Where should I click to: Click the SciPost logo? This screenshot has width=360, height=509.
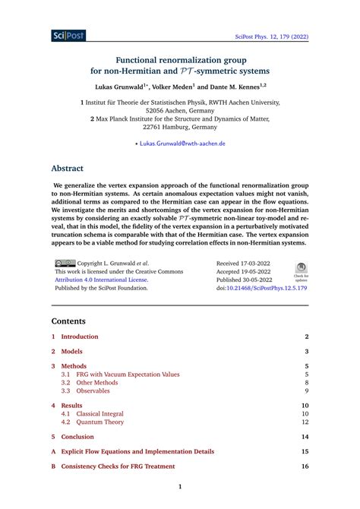[x=70, y=35]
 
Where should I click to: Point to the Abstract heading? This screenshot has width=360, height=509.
[x=67, y=169]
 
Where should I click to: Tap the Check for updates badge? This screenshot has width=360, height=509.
[x=302, y=271]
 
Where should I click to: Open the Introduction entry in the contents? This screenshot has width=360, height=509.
[x=80, y=337]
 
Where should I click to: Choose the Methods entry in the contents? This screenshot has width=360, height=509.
[x=74, y=365]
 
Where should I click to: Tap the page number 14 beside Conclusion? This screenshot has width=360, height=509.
[x=305, y=437]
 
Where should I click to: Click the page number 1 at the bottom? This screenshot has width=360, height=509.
[x=180, y=487]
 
